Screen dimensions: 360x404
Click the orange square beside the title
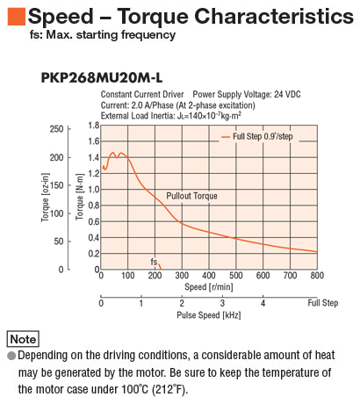(x=17, y=17)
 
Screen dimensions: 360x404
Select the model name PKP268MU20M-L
(x=102, y=78)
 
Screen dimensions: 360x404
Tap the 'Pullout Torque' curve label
(x=191, y=196)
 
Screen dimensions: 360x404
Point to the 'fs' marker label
(x=154, y=262)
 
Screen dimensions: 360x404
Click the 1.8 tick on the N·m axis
(x=94, y=126)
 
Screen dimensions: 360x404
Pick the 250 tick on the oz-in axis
(x=56, y=129)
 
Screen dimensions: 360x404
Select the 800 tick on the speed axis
(x=317, y=275)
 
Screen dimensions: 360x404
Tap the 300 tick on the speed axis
(x=182, y=275)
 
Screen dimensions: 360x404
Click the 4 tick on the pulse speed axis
(x=263, y=303)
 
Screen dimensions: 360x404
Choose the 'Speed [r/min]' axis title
(x=209, y=286)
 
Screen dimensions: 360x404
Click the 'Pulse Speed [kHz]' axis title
(x=209, y=315)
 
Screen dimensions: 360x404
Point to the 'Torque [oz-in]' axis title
(x=45, y=198)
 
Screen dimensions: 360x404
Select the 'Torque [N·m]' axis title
(x=80, y=197)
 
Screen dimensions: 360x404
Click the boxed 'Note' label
(x=23, y=339)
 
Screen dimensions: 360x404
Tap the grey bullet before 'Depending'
(x=11, y=356)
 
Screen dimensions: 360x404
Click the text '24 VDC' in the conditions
(x=287, y=94)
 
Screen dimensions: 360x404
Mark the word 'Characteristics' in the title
(x=274, y=16)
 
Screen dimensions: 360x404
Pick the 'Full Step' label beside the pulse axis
(x=323, y=303)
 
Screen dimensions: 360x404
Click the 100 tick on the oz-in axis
(x=56, y=213)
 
